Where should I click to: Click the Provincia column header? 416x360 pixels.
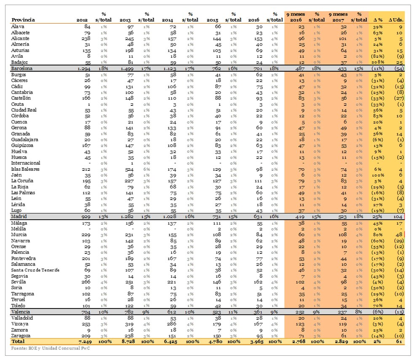tap(23, 20)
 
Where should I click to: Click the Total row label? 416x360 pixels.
tap(18, 341)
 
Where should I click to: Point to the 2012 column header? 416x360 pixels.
tap(82, 20)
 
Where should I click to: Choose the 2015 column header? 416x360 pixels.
tap(212, 20)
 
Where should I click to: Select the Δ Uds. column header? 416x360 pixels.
tap(396, 20)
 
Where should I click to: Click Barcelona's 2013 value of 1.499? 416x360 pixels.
tap(124, 68)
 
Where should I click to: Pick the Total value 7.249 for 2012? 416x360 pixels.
tap(80, 341)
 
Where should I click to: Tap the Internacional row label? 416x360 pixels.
tap(26, 163)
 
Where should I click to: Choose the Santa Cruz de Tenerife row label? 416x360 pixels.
tap(35, 270)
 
